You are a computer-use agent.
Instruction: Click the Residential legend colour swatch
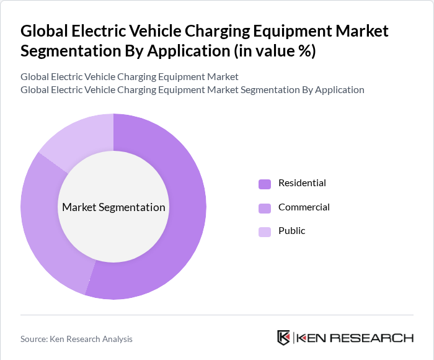(265, 184)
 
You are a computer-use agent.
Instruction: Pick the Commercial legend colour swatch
(265, 208)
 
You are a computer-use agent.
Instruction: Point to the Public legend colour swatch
(265, 232)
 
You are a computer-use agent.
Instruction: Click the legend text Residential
(302, 183)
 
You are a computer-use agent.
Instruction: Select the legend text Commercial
(304, 207)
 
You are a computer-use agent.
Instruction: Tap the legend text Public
(291, 231)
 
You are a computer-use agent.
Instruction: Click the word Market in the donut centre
(79, 207)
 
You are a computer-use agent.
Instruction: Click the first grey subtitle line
(129, 77)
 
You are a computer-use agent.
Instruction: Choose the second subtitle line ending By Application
(192, 90)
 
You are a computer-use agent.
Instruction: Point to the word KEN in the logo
(311, 338)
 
